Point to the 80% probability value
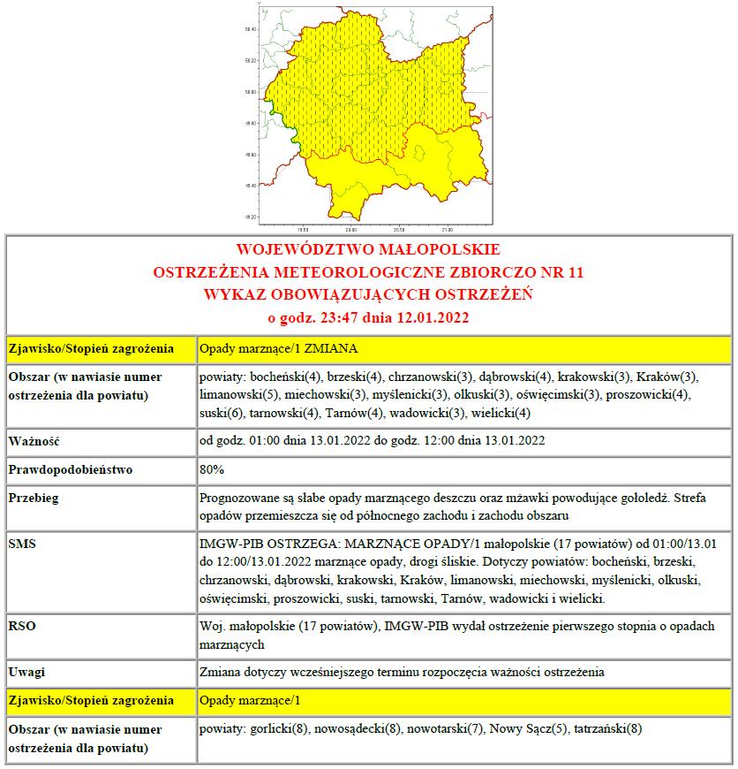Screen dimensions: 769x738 click(x=212, y=469)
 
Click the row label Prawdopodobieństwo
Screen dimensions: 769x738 click(x=71, y=469)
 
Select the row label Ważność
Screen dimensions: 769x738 click(x=35, y=439)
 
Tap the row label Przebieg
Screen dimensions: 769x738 click(x=34, y=499)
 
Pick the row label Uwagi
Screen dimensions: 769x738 click(x=27, y=671)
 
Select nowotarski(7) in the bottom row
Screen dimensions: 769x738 click(x=447, y=729)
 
